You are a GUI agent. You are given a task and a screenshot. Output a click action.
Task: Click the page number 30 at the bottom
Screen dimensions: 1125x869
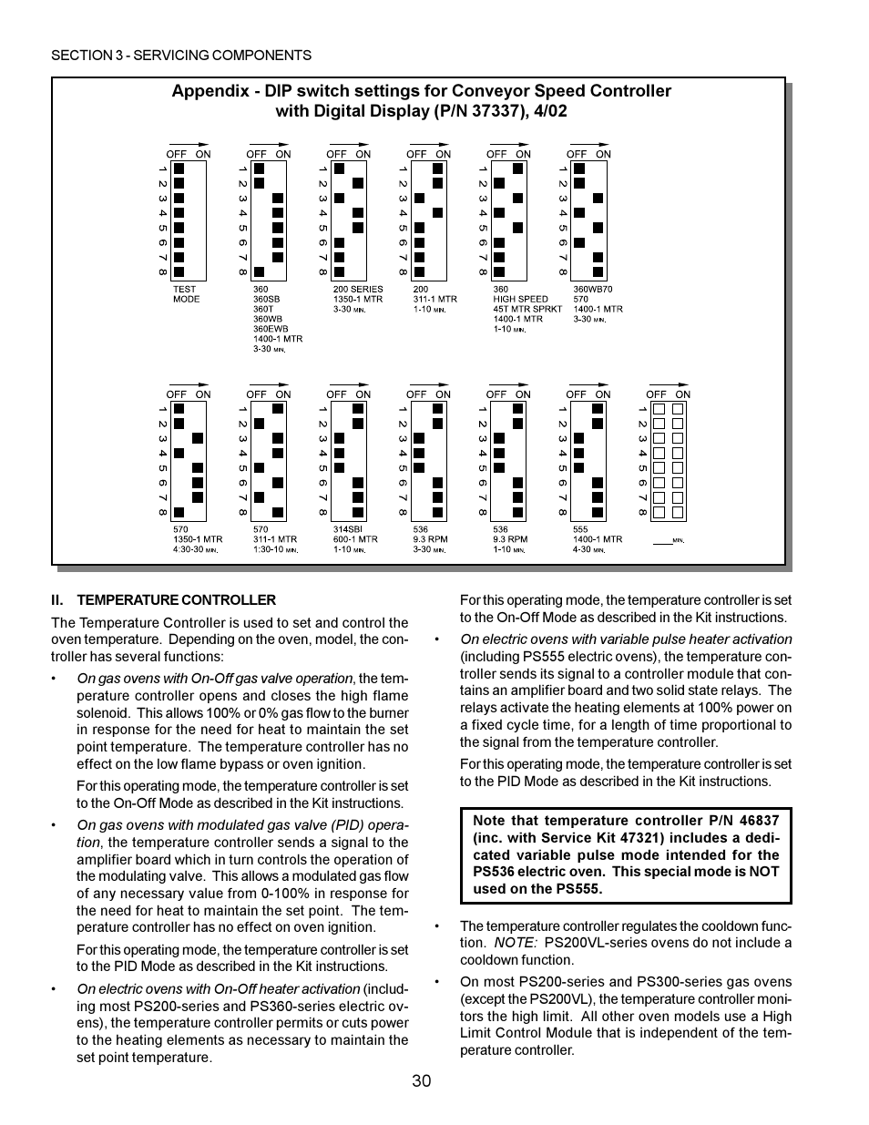coord(421,1081)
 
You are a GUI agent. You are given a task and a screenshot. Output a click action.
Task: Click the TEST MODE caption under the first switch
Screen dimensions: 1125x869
coord(186,294)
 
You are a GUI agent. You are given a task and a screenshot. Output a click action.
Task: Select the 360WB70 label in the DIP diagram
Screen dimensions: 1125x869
coord(593,290)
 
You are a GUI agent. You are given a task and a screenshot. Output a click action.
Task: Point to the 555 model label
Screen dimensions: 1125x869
coord(580,529)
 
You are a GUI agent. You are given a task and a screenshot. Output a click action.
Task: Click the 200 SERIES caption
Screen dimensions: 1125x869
coord(358,290)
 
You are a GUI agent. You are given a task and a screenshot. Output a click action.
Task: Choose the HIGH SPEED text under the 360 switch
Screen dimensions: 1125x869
coord(520,300)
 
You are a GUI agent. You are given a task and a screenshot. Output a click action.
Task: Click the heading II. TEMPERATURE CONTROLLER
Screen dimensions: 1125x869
coord(163,600)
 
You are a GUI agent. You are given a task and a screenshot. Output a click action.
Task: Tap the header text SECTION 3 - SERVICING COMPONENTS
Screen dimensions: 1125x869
coord(181,56)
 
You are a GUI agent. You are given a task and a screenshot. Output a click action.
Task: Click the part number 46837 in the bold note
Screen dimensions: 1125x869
coord(760,821)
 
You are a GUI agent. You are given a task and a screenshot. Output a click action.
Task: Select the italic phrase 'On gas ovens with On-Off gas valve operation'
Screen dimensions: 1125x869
coord(214,679)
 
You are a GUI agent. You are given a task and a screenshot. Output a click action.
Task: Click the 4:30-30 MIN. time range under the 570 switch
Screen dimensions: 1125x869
coord(196,549)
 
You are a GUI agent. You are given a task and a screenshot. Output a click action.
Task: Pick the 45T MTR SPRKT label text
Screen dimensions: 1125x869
coord(527,309)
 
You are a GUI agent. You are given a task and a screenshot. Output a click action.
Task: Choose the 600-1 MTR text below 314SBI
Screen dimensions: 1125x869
coord(355,539)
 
